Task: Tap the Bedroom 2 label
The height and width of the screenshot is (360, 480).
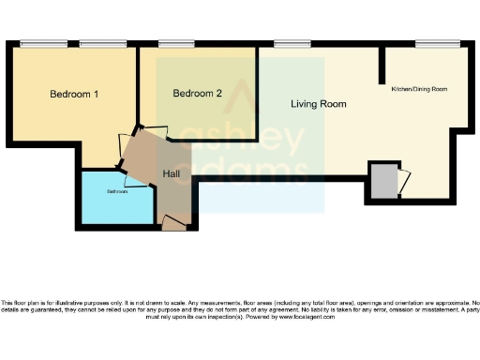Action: coord(198,94)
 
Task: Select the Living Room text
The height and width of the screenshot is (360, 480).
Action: coord(318,104)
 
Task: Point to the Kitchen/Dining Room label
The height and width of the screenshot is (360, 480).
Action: coord(419,89)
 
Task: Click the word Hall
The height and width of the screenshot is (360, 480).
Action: coord(172,174)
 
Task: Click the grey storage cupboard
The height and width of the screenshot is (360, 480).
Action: coord(382,181)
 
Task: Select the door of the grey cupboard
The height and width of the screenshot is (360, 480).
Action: coord(402,181)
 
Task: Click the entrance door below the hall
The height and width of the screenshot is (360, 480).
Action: coord(173,222)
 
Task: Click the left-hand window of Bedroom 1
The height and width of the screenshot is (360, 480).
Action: coord(37,43)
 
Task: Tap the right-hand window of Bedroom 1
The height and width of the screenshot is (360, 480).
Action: coord(97,43)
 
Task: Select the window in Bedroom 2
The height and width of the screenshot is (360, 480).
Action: coord(176,43)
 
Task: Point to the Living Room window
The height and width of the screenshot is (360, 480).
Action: coord(287,43)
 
